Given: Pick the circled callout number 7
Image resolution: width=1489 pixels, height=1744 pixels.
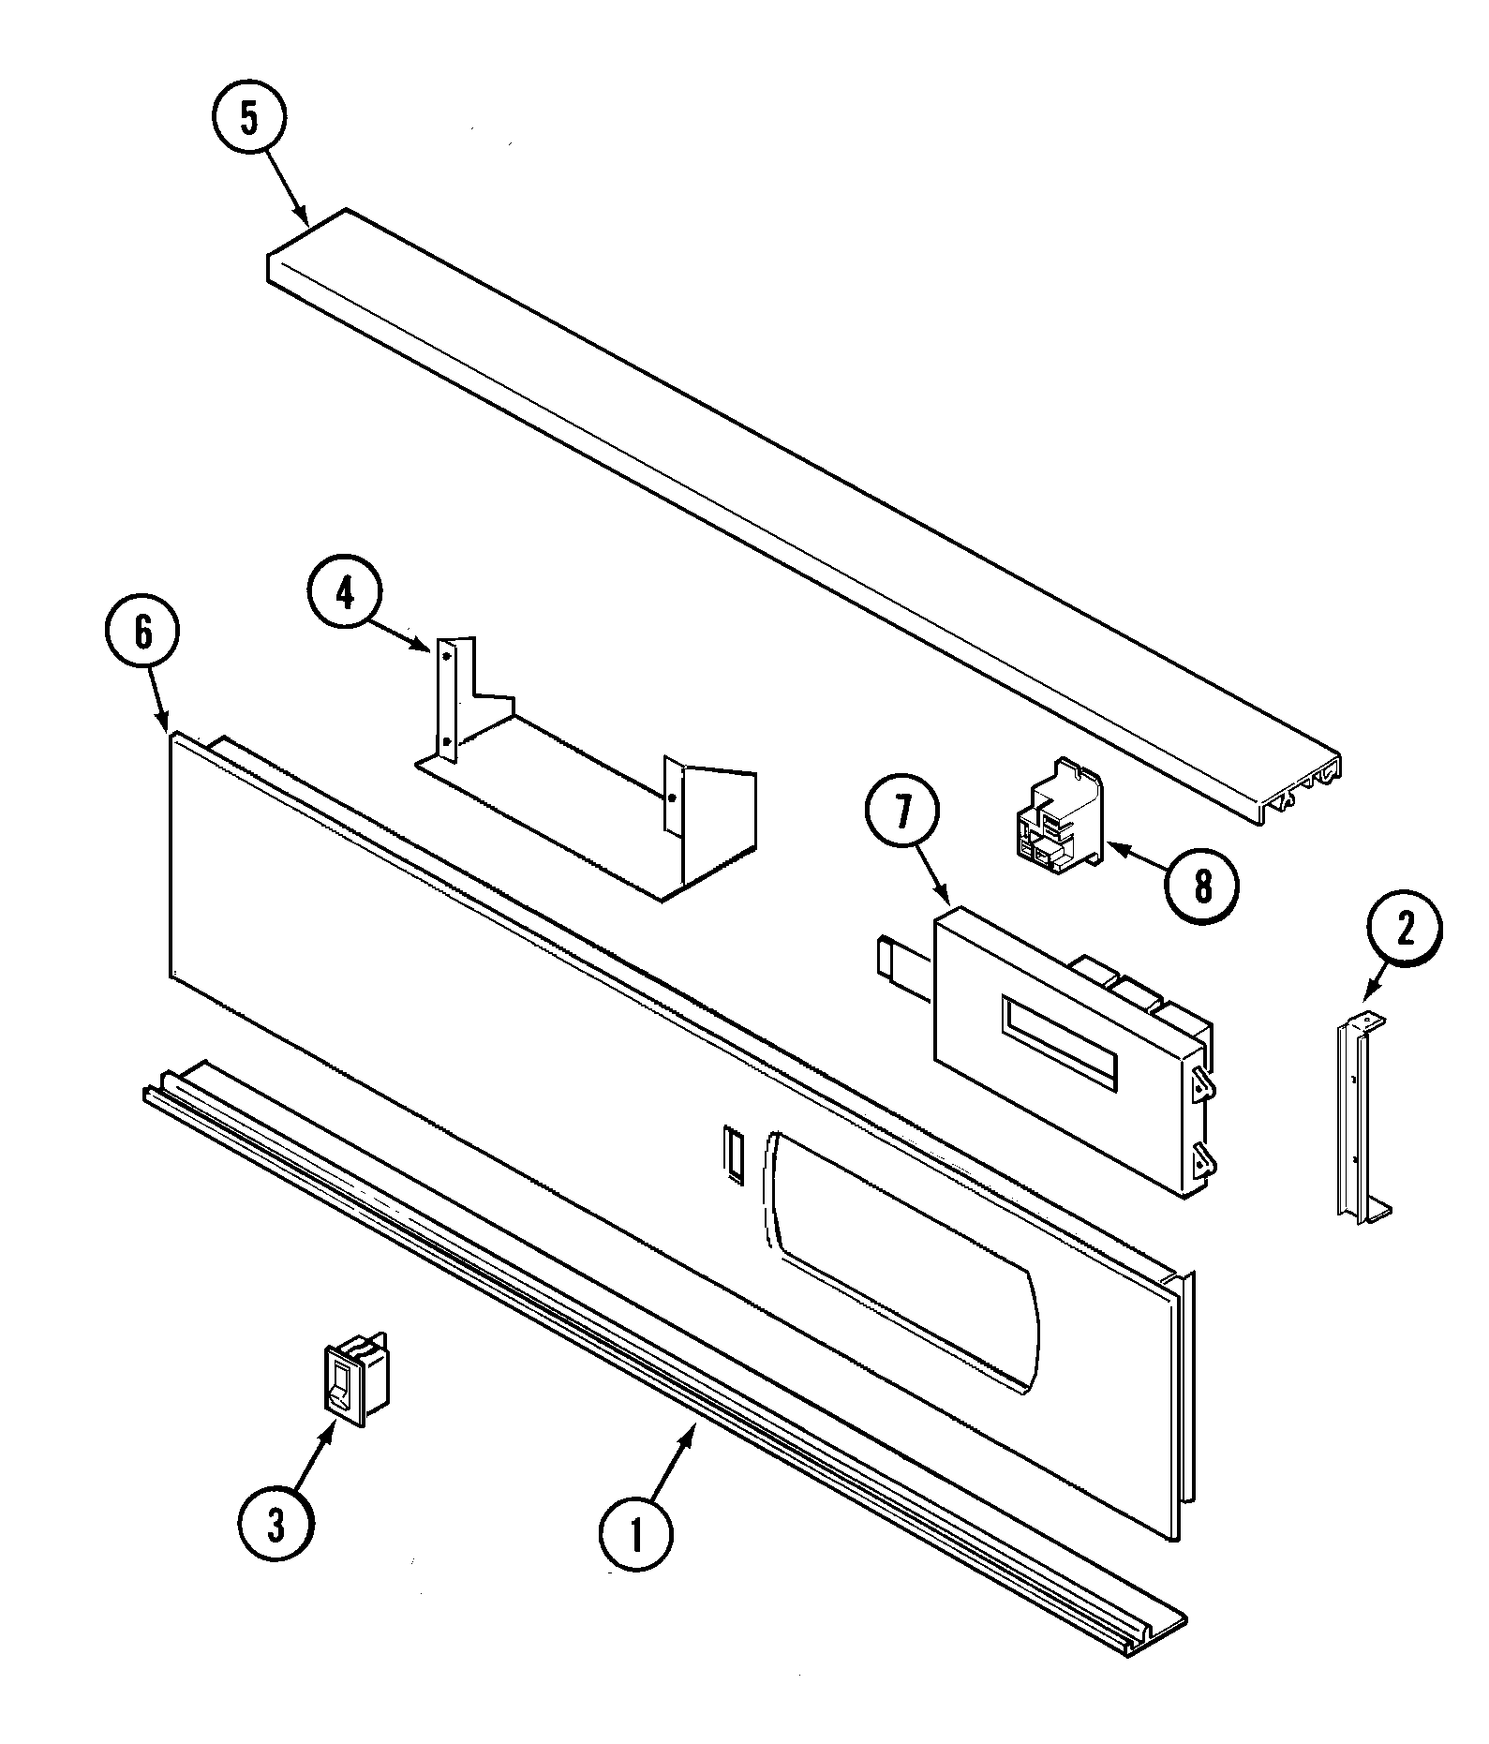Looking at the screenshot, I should (901, 813).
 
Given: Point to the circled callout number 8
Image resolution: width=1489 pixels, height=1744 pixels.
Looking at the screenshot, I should (1202, 886).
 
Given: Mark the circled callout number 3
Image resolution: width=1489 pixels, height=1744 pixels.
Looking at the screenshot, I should (275, 1526).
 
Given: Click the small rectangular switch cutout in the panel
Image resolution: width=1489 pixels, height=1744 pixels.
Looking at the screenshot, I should (732, 1149).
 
